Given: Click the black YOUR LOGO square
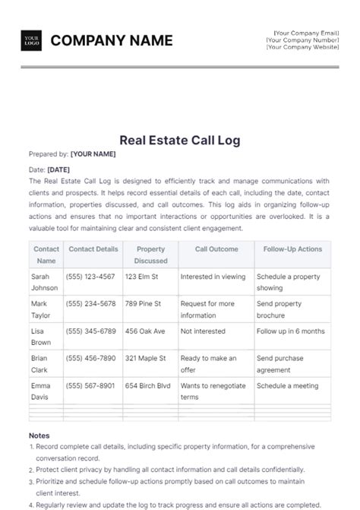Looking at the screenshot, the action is click(31, 40).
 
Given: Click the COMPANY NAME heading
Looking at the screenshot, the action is click(112, 40).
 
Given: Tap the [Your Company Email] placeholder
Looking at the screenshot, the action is click(306, 33).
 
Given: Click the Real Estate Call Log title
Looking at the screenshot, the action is click(180, 140).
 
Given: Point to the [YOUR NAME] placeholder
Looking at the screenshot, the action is click(93, 154).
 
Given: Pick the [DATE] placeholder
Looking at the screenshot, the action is click(58, 169).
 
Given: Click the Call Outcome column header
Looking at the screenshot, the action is click(216, 249).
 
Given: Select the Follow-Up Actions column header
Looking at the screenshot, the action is click(292, 249).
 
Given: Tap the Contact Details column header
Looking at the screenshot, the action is click(93, 249).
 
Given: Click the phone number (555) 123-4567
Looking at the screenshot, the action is click(90, 277).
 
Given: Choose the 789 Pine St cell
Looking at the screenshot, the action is click(143, 304).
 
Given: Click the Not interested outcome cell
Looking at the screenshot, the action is click(203, 331).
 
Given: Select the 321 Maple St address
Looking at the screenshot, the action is click(146, 358).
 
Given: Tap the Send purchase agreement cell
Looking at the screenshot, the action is click(280, 363).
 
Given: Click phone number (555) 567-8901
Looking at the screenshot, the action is click(90, 385).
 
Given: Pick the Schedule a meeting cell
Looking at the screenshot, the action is click(287, 385).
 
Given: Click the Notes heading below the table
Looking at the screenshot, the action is click(39, 436).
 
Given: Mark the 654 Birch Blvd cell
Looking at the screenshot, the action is click(148, 385).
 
